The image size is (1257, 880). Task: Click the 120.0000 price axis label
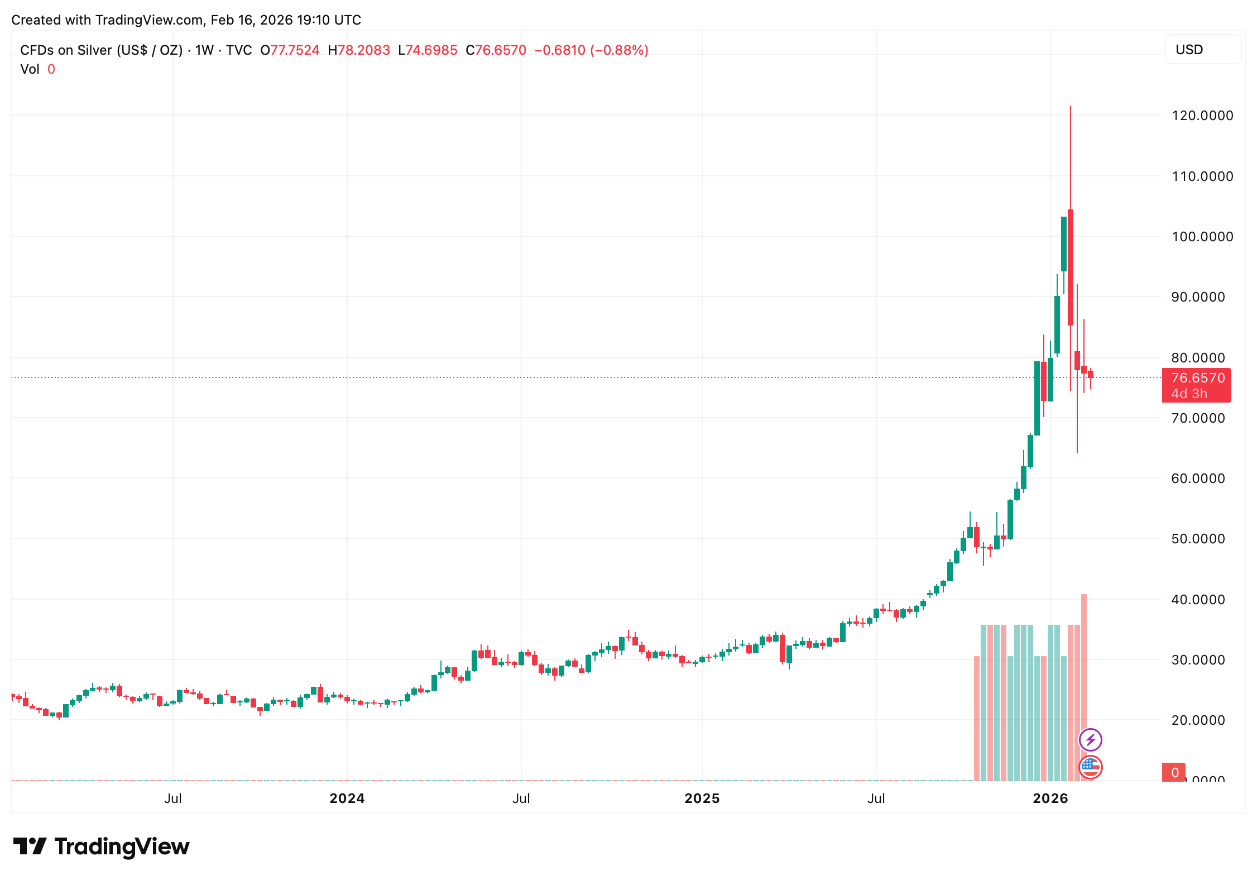click(1202, 116)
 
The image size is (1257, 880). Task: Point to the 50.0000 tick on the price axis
click(1198, 539)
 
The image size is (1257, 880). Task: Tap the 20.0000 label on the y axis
click(1198, 720)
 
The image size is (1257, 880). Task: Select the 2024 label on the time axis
click(347, 798)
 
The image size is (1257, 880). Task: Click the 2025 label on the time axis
click(702, 798)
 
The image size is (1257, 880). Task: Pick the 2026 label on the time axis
click(1050, 798)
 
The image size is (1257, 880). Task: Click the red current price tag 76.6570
click(1197, 378)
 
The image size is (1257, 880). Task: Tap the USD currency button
click(1202, 50)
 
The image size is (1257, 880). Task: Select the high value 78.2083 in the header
click(363, 50)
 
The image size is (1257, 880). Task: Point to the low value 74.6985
click(431, 50)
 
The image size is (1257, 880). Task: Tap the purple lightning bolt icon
click(1090, 740)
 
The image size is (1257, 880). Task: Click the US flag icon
click(1090, 767)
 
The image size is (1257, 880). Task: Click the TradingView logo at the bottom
click(101, 846)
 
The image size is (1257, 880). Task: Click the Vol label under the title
click(30, 69)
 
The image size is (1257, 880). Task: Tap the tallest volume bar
click(1084, 687)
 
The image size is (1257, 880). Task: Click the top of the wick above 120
click(1071, 107)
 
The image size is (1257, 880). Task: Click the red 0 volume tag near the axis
click(1174, 772)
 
